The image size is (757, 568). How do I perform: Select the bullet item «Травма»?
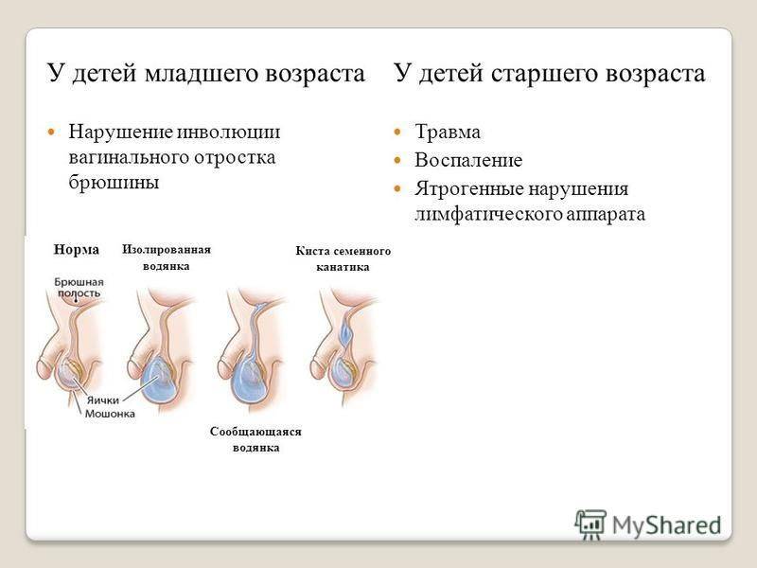coord(448,132)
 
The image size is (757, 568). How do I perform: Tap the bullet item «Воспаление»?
coord(468,160)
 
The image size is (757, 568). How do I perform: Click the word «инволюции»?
coord(228,132)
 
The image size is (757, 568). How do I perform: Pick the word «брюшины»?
coord(114,183)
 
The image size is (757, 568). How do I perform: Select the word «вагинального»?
coord(131,157)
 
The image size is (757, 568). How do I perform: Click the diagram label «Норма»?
coord(77,250)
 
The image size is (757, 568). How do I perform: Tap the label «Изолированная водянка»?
coord(167,257)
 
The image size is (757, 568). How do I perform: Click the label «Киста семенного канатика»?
coord(343,258)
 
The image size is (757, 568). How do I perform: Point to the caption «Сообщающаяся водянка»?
coord(255,439)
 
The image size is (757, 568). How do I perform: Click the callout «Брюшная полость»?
coord(79,288)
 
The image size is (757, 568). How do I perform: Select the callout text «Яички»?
coord(102,400)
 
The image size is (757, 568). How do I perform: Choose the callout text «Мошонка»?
coord(110,414)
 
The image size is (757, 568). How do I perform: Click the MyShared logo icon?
coord(590,524)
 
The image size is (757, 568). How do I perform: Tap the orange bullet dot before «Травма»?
coord(397,132)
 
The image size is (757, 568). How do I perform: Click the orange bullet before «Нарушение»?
coord(51,132)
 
